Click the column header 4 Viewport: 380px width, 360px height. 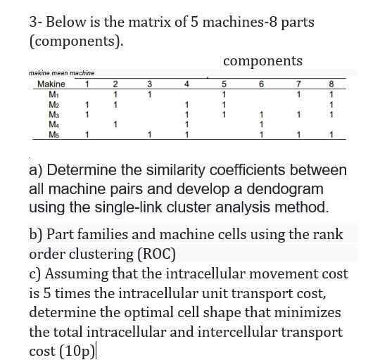coord(186,85)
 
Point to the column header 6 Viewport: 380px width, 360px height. coord(261,85)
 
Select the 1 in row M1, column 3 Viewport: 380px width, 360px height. coord(149,95)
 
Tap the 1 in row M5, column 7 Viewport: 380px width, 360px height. coord(299,135)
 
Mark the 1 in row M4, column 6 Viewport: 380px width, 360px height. coord(261,125)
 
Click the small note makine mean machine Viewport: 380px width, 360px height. coord(61,73)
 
